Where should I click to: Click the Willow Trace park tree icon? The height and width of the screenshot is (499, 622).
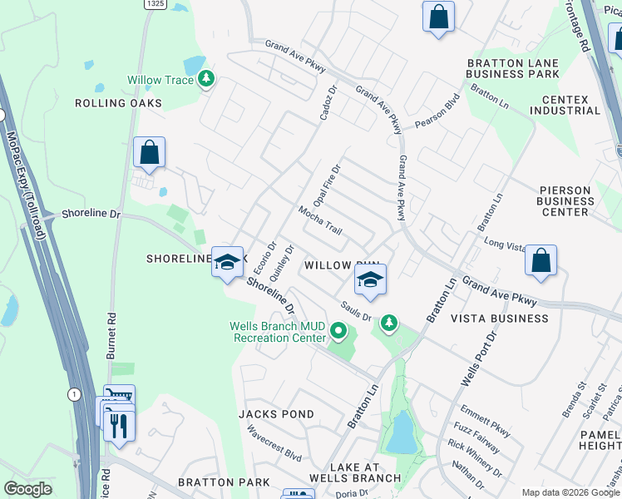(x=206, y=80)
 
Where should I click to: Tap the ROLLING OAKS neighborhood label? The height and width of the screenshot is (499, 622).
(x=118, y=103)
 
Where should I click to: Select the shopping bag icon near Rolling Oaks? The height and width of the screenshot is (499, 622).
(x=149, y=153)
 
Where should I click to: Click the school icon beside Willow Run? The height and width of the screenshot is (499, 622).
(x=370, y=279)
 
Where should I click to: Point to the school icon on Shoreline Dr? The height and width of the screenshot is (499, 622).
(x=226, y=263)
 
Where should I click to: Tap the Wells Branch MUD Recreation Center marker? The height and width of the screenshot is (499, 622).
(x=338, y=332)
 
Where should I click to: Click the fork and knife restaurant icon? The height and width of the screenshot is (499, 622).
(x=119, y=425)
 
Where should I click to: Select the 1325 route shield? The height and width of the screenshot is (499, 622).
(x=154, y=4)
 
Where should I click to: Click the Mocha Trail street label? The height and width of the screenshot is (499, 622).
(x=321, y=220)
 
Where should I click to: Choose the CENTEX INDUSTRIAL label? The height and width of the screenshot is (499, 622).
(x=565, y=105)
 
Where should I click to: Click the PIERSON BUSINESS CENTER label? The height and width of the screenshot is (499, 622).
(x=565, y=200)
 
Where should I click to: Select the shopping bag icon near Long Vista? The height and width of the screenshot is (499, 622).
(x=541, y=260)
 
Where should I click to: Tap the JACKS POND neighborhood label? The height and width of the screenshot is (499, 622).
(x=276, y=414)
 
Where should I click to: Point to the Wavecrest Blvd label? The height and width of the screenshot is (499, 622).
(x=274, y=443)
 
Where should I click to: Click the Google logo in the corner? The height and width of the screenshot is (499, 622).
(x=28, y=489)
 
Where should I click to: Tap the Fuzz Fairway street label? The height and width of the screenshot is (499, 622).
(x=476, y=437)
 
